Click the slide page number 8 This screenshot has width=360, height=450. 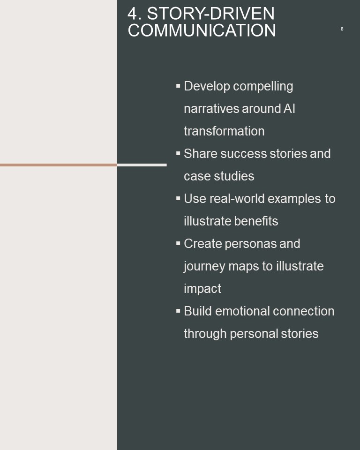[342, 29]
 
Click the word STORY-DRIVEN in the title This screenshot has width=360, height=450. [211, 14]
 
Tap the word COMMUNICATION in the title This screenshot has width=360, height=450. [202, 30]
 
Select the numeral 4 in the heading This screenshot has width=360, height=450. [132, 14]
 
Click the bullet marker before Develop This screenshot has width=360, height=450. [178, 86]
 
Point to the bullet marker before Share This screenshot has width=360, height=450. [178, 153]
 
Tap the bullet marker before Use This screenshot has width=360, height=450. [178, 198]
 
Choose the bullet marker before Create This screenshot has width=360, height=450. [178, 243]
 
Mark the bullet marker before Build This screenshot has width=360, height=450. [178, 311]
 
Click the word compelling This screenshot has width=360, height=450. [263, 87]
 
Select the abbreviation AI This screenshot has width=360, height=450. [289, 108]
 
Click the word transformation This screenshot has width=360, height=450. [224, 131]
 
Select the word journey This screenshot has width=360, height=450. [204, 267]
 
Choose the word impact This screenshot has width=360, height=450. [202, 289]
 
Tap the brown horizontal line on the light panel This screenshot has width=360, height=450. [59, 165]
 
